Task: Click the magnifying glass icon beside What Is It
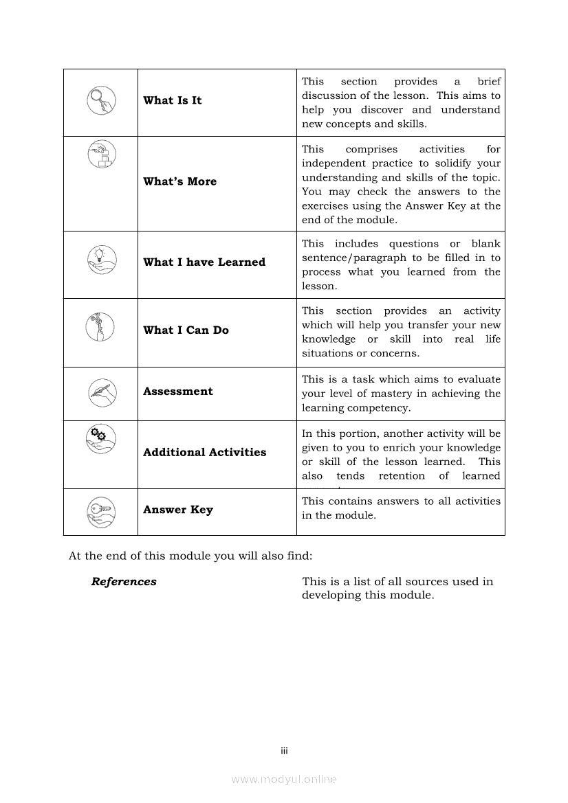click(x=101, y=101)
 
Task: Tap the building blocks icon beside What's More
click(x=102, y=155)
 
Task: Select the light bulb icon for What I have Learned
click(x=101, y=260)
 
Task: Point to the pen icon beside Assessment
click(x=102, y=392)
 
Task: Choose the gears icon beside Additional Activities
click(x=101, y=438)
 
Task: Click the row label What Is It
click(x=172, y=101)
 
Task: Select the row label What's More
click(x=179, y=182)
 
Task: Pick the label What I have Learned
click(x=204, y=262)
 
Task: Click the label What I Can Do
click(x=186, y=330)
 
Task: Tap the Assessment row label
click(x=177, y=392)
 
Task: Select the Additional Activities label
click(x=204, y=453)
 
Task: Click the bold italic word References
click(x=124, y=582)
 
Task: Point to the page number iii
click(x=284, y=751)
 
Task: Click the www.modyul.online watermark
click(x=284, y=780)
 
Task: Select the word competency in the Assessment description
click(x=381, y=408)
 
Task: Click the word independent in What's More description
click(x=333, y=163)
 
